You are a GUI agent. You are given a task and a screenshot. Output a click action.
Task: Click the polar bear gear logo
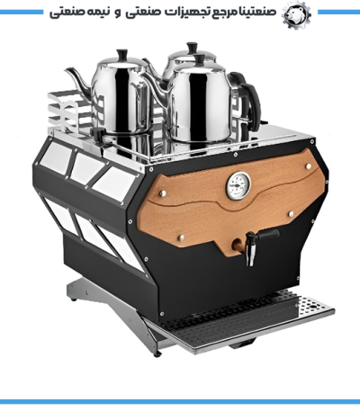[296, 14]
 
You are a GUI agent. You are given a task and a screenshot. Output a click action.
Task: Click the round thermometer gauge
[238, 186]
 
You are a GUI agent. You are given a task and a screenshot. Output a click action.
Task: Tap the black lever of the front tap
[267, 235]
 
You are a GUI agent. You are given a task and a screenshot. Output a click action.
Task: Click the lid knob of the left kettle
[122, 55]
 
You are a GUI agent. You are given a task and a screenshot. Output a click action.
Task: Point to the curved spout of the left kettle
[79, 78]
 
